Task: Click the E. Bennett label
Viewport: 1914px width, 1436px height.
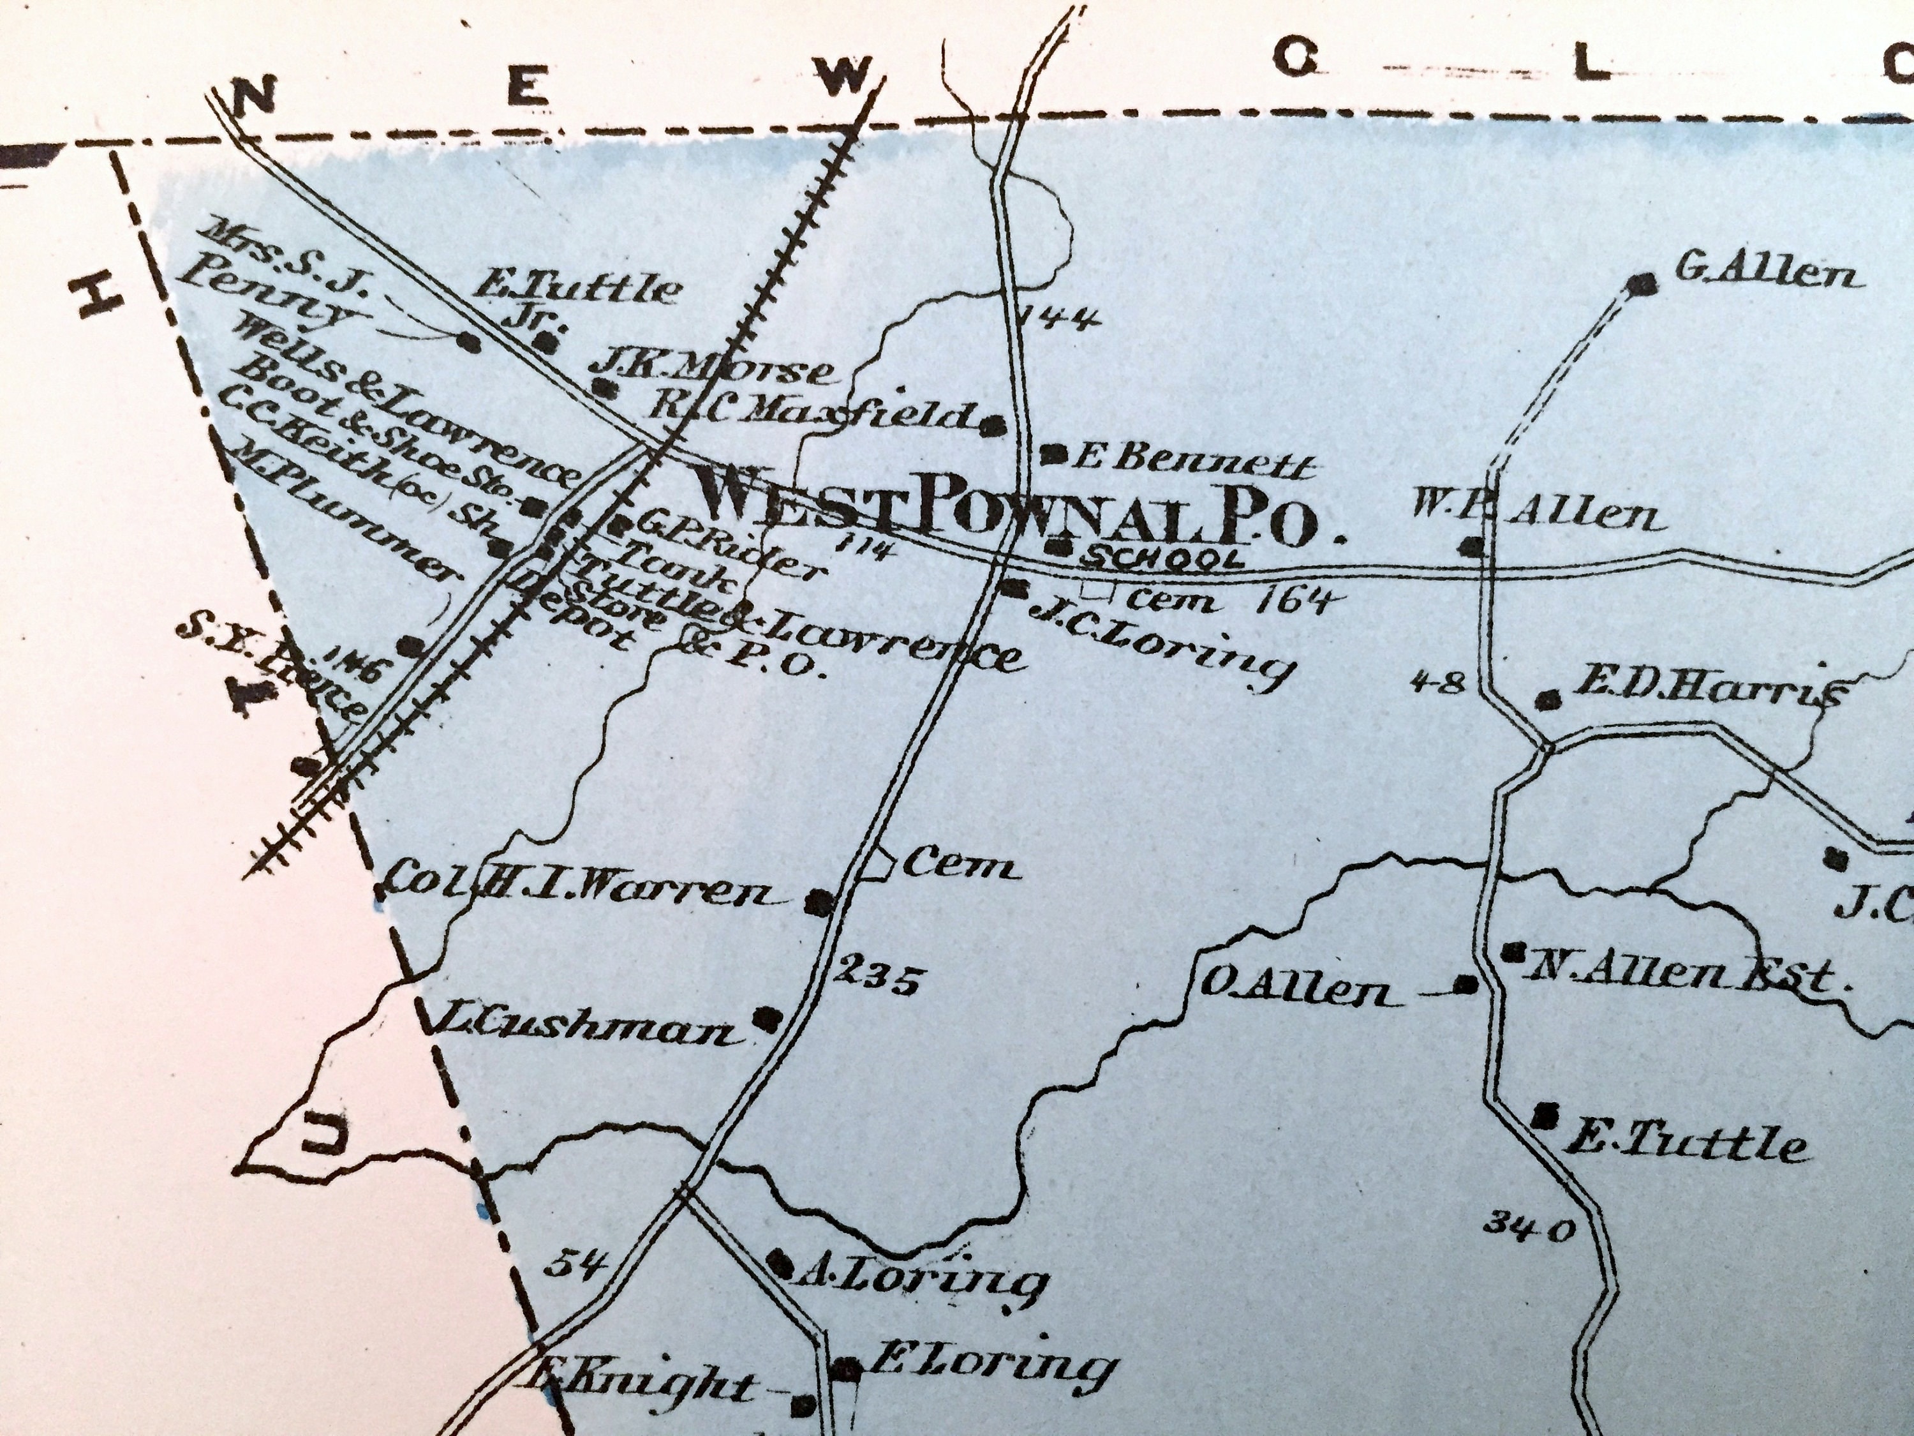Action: [1191, 467]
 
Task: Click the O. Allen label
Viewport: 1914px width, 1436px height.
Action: [1303, 993]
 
